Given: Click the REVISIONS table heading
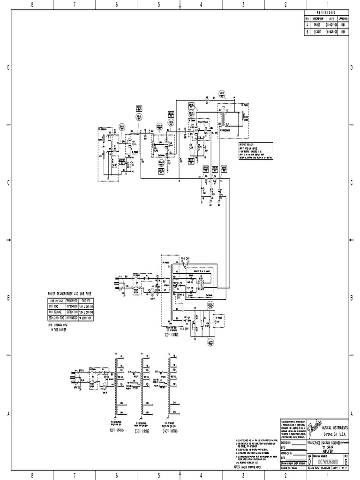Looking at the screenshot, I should pyautogui.click(x=327, y=13).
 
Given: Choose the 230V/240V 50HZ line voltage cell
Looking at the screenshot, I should pyautogui.click(x=56, y=316).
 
